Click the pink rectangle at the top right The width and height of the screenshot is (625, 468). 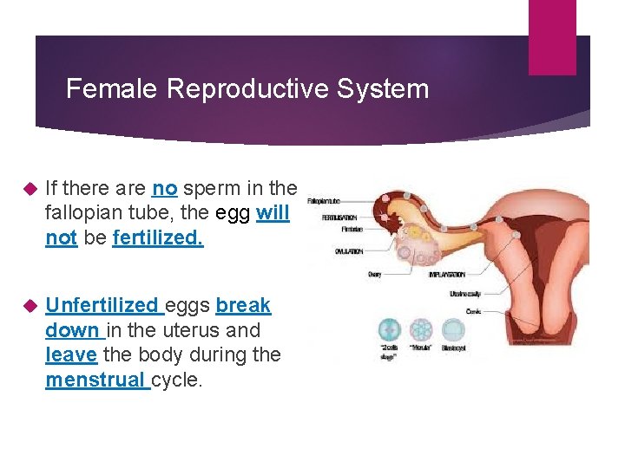(x=552, y=36)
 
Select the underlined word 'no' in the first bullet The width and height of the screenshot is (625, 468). (x=164, y=188)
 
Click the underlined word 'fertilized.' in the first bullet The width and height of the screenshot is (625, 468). (x=158, y=238)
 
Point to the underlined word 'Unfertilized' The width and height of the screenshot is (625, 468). (x=102, y=305)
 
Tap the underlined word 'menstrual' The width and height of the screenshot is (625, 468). (x=97, y=380)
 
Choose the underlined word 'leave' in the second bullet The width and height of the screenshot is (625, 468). (x=71, y=354)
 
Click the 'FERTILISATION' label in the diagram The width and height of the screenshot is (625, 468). (x=339, y=218)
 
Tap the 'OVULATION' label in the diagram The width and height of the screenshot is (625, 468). (x=349, y=251)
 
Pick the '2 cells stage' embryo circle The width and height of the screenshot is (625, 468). (x=389, y=329)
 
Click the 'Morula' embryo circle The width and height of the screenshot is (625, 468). (x=421, y=329)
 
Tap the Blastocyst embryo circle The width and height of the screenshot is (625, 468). (x=453, y=329)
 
